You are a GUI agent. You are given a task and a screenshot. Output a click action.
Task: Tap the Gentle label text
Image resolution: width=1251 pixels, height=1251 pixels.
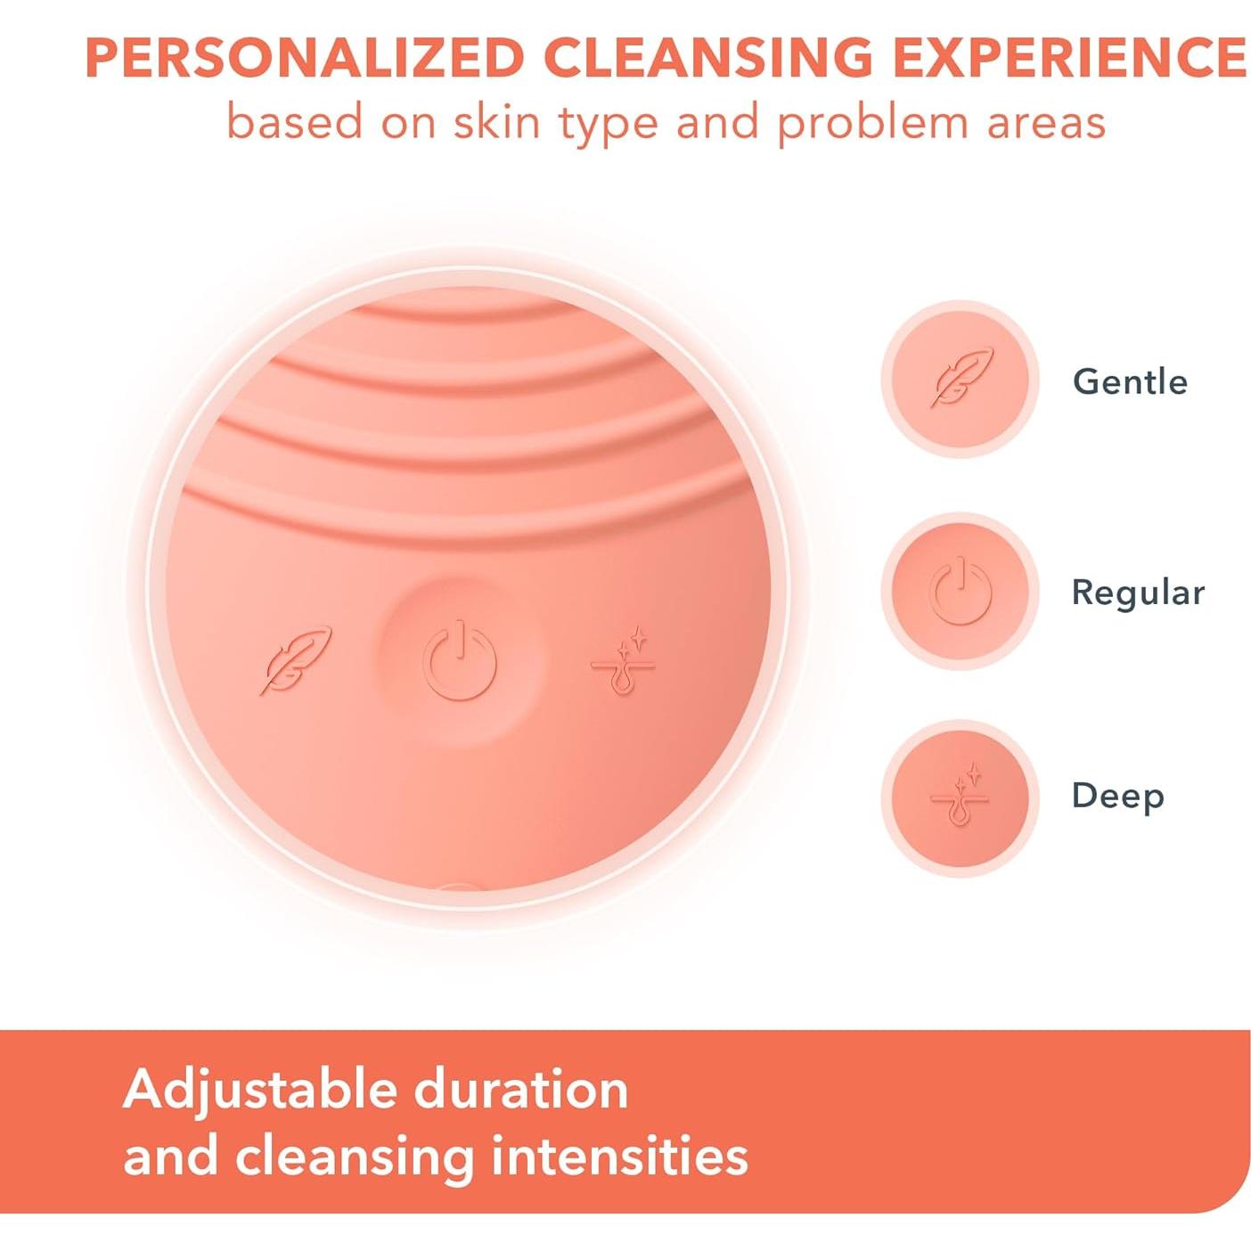pos(1130,382)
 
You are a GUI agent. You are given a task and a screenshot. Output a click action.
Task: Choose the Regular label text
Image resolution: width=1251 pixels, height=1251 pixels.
pos(1138,593)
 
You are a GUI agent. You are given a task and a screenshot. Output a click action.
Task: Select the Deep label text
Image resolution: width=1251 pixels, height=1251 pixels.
pos(1117,797)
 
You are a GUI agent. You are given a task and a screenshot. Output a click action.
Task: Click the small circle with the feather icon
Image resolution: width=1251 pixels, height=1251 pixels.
pos(961,380)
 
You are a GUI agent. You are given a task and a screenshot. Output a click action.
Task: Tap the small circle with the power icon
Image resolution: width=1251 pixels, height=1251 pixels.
pos(961,591)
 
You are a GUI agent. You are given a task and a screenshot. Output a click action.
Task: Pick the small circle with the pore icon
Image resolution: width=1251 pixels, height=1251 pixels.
pos(961,797)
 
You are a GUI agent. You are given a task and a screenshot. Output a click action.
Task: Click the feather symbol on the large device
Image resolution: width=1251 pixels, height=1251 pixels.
pos(295,660)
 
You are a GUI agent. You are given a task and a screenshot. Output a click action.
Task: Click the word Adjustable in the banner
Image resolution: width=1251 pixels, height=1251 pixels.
pos(261,1091)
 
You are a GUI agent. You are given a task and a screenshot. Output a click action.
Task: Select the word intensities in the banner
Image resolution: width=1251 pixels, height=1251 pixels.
pos(619,1157)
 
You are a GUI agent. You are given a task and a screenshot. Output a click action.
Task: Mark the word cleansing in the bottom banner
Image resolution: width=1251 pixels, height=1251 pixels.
pos(354,1157)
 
